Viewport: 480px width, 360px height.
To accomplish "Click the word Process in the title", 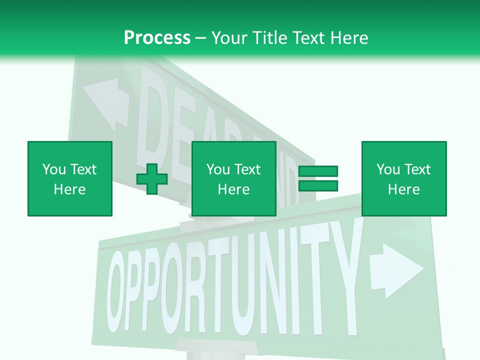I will pos(157,38).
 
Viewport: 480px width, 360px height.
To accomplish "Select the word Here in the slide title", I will pos(350,38).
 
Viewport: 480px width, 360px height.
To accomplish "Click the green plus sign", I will pos(152,179).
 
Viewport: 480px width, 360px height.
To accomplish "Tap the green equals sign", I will pos(318,178).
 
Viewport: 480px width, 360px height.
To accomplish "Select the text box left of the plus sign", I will pos(70,178).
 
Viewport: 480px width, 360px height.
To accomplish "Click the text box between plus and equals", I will pos(234,178).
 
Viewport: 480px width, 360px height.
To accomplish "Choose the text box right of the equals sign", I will pos(404,178).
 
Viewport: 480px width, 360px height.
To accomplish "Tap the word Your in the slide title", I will pos(229,38).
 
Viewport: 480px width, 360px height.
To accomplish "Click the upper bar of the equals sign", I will pos(318,171).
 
